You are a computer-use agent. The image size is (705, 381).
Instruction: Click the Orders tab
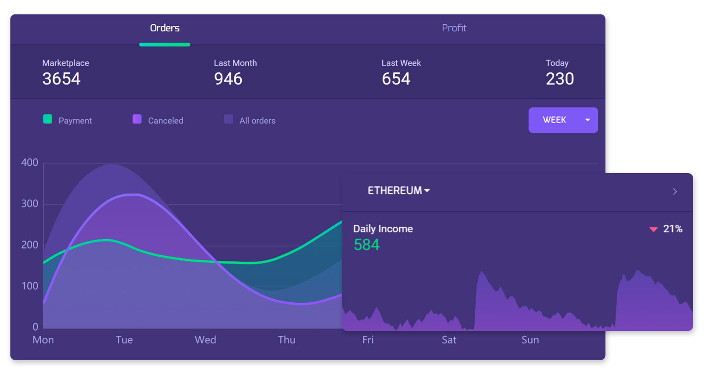tap(165, 28)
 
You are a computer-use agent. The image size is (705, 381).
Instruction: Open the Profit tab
tap(454, 28)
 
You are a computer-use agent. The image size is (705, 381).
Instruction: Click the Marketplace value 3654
tap(62, 79)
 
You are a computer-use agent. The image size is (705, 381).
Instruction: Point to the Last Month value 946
tap(228, 79)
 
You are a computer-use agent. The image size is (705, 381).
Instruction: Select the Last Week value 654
tap(396, 79)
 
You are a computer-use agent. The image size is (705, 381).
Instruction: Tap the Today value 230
tap(560, 79)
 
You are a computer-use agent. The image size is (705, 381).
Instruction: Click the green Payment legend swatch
tap(48, 119)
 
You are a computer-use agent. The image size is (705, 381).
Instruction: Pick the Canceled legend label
tap(165, 121)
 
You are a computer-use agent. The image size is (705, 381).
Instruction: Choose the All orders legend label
tap(258, 121)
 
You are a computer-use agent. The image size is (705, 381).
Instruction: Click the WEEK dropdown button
tap(563, 120)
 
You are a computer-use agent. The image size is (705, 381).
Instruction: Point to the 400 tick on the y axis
tap(30, 162)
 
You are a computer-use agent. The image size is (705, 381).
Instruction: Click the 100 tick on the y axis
tap(30, 286)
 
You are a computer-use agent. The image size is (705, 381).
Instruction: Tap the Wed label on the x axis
tap(205, 340)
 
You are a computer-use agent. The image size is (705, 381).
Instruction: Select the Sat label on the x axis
tap(449, 340)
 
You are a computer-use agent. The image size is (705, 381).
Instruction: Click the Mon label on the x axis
tap(43, 340)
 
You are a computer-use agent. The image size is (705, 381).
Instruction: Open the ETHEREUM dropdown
tap(399, 190)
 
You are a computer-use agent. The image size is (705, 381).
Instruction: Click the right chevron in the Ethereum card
tap(675, 191)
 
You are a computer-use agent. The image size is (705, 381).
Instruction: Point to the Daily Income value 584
tap(367, 245)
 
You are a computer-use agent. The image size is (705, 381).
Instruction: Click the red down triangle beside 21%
tap(653, 229)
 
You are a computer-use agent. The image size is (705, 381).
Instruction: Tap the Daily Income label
tap(383, 229)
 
